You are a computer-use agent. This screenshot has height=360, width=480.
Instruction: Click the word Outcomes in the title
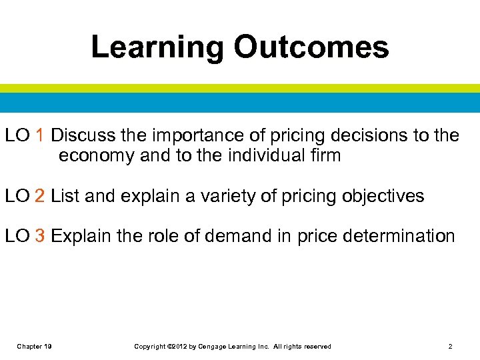click(311, 48)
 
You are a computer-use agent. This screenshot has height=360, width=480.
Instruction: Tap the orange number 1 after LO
click(40, 135)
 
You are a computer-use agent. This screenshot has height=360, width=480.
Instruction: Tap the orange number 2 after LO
click(40, 196)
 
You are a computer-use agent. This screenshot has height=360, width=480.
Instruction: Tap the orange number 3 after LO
click(40, 236)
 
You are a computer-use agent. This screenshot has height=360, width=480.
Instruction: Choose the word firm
click(322, 156)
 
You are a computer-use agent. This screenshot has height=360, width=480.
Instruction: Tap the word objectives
click(383, 197)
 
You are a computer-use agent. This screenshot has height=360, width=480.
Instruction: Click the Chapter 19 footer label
click(35, 346)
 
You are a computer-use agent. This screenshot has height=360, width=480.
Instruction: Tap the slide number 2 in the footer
click(451, 346)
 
